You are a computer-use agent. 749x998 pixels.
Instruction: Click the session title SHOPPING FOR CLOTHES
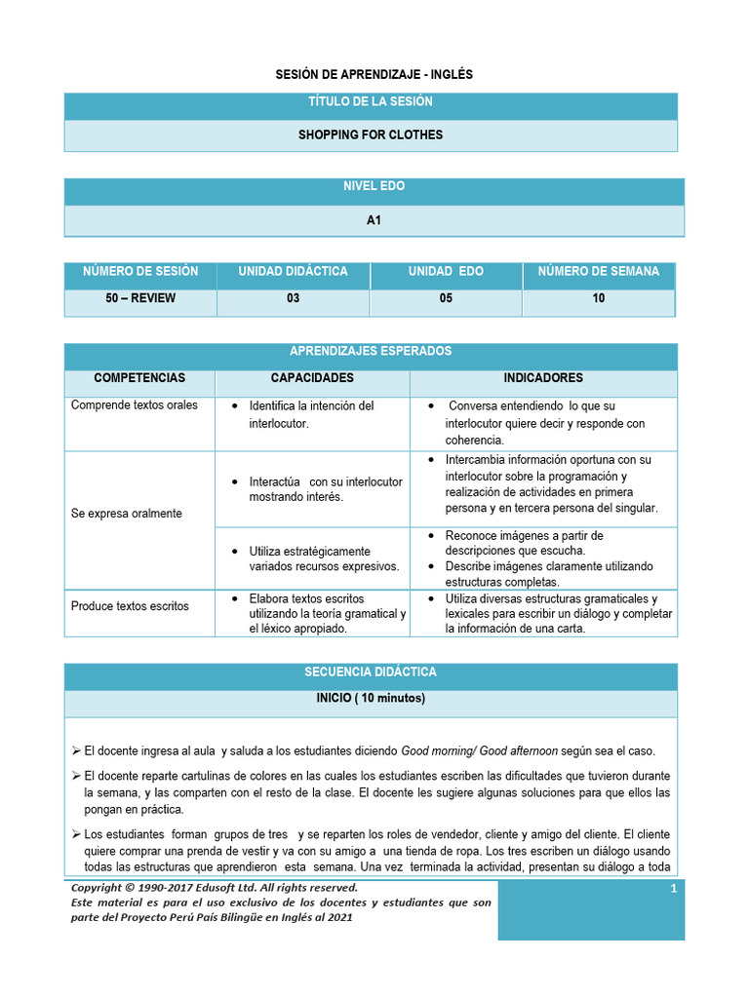[x=370, y=134]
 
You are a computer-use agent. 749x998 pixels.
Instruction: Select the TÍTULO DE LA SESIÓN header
[x=370, y=101]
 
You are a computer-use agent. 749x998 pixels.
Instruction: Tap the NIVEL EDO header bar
[x=374, y=186]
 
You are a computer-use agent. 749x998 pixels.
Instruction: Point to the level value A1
[x=374, y=220]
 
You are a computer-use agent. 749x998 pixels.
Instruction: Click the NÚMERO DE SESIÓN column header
[x=140, y=271]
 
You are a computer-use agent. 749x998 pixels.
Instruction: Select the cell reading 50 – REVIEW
[x=140, y=298]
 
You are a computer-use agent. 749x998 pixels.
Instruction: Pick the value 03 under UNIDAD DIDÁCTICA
[x=293, y=298]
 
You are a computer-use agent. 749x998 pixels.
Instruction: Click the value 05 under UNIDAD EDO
[x=446, y=298]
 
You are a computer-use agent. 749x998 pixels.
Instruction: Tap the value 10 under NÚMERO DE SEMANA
[x=599, y=298]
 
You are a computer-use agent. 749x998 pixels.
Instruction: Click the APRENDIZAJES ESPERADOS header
[x=370, y=352]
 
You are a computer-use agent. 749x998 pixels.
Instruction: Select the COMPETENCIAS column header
[x=139, y=378]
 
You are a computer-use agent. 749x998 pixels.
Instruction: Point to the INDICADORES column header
[x=543, y=378]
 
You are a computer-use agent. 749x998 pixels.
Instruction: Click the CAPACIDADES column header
[x=312, y=378]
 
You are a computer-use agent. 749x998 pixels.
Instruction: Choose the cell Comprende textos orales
[x=135, y=405]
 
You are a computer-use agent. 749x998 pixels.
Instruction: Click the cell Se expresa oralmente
[x=127, y=514]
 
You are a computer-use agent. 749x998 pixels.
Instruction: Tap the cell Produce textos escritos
[x=131, y=606]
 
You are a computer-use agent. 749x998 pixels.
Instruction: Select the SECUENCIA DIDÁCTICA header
[x=370, y=672]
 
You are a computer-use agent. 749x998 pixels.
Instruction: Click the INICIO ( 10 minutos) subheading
[x=370, y=699]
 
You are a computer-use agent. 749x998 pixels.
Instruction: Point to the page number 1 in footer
[x=673, y=889]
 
